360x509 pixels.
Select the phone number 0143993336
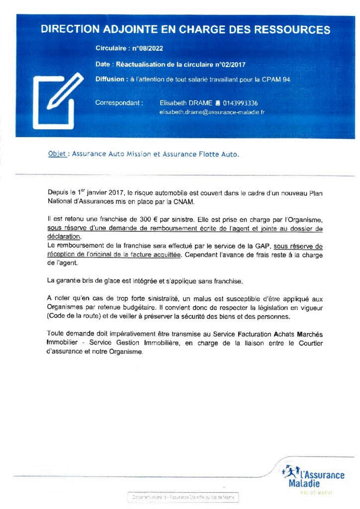coord(240,103)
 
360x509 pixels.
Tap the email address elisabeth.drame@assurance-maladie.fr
coord(212,112)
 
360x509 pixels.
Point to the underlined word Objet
coord(57,154)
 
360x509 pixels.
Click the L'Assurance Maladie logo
coord(313,478)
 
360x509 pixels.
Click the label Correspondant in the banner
coord(119,103)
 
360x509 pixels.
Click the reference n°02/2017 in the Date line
coord(230,64)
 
